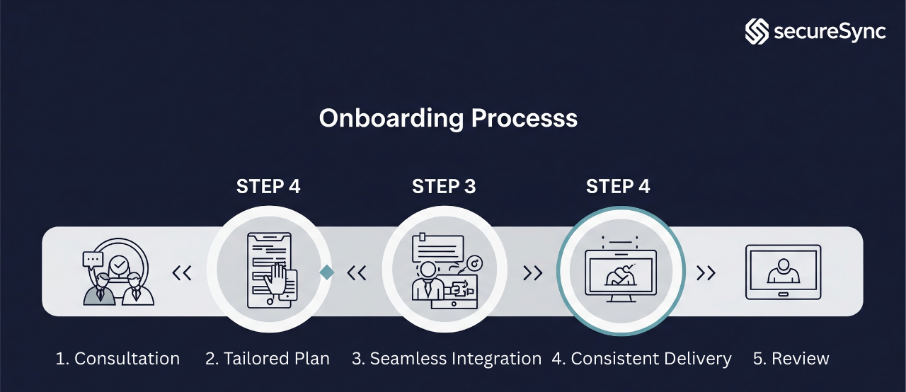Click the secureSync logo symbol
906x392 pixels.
(x=757, y=32)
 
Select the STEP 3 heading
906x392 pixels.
(x=444, y=187)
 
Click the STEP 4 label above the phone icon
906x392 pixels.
(x=268, y=187)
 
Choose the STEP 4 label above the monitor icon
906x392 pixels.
(x=618, y=187)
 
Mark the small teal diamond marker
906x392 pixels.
(x=326, y=272)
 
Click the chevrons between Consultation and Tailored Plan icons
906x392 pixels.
(x=182, y=272)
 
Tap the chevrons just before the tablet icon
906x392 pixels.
(x=706, y=272)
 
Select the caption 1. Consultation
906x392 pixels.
(x=117, y=359)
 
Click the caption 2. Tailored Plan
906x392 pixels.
(x=268, y=359)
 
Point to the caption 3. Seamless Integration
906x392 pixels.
(x=447, y=359)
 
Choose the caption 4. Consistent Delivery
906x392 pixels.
(x=641, y=359)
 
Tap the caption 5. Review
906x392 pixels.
(x=791, y=359)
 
